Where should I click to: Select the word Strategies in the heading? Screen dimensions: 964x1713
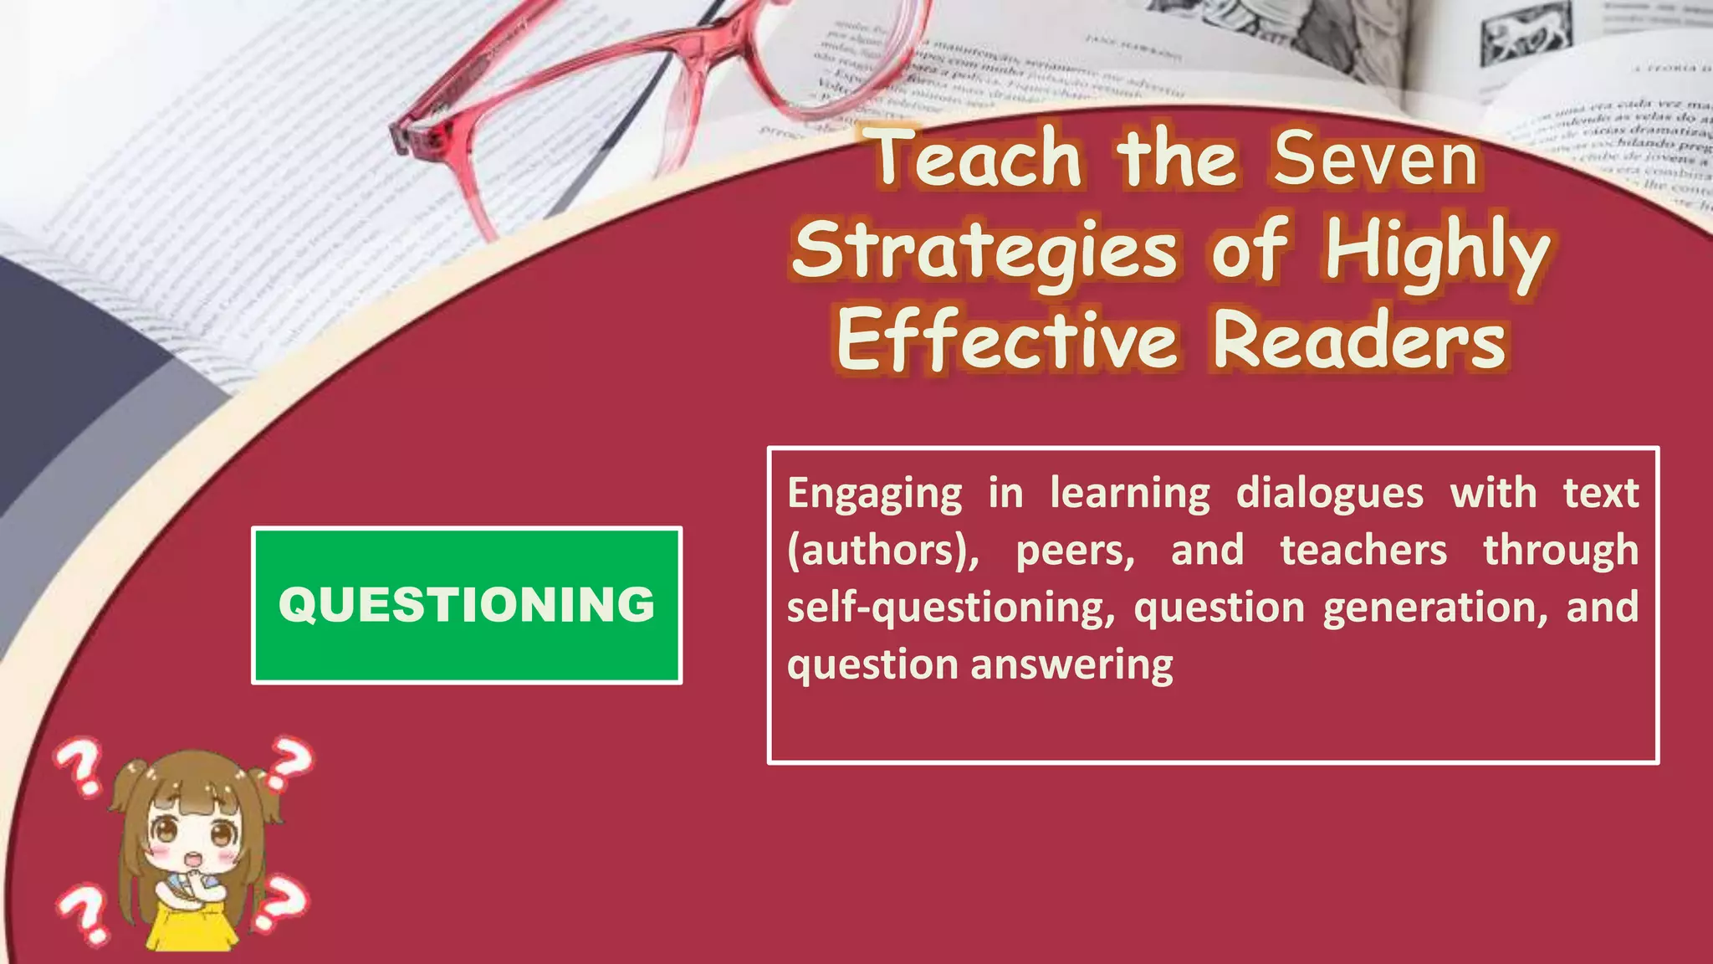(x=985, y=251)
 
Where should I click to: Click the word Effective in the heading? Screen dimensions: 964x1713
(x=1007, y=341)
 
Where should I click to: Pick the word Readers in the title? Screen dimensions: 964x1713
(x=1359, y=341)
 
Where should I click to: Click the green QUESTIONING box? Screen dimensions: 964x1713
(x=467, y=605)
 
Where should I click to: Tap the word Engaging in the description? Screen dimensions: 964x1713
(x=874, y=493)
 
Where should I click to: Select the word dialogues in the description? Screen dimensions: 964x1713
(x=1329, y=493)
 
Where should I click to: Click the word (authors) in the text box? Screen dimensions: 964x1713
(x=882, y=551)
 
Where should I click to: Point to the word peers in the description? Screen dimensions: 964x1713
(x=1075, y=551)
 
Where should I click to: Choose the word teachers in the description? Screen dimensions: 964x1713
(x=1363, y=551)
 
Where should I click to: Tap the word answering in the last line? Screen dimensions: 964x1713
(x=1072, y=665)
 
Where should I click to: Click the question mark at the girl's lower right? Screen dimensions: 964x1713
(x=281, y=904)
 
